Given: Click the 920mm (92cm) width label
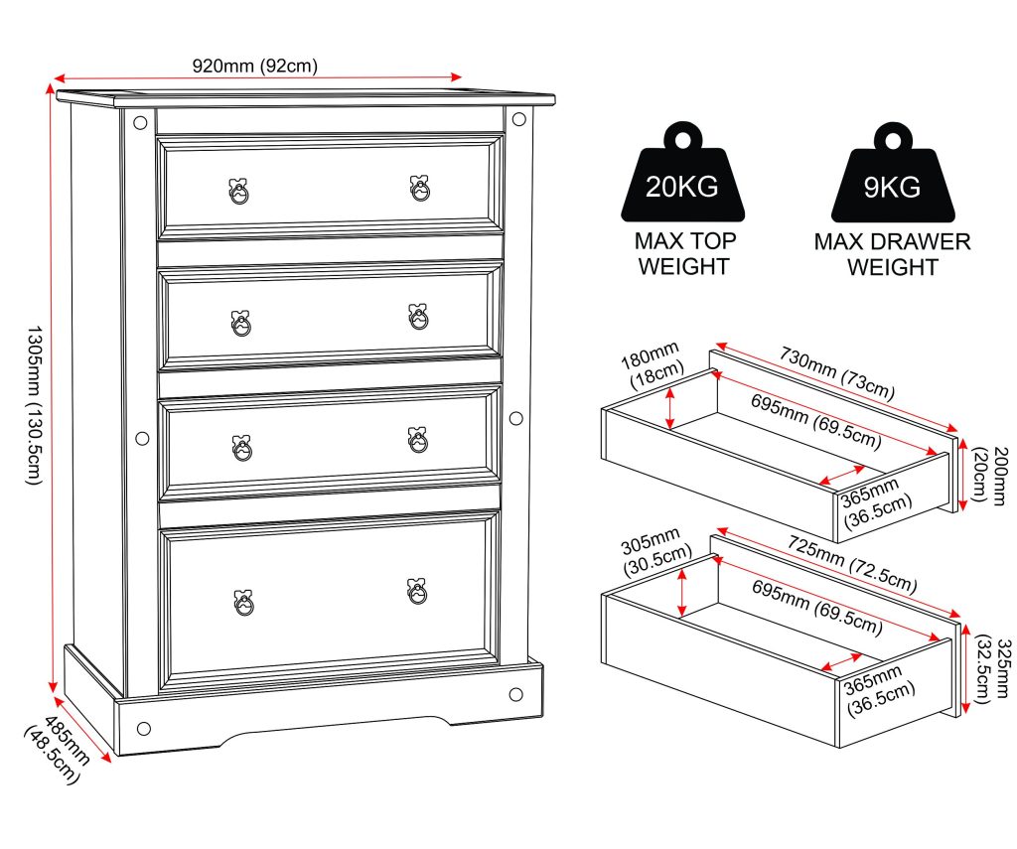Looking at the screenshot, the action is [255, 67].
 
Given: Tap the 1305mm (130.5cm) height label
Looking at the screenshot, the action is [34, 405].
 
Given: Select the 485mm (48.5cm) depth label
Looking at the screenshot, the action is [58, 748].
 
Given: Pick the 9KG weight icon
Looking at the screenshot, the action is [893, 173].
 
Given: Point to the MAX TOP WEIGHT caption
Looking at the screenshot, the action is [684, 253].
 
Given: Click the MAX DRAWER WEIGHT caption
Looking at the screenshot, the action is [893, 254].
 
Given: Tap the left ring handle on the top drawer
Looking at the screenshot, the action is [238, 191].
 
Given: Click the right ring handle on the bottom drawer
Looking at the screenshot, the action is [417, 591].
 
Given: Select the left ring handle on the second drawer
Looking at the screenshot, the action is [240, 323].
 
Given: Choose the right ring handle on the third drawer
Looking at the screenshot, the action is [418, 440].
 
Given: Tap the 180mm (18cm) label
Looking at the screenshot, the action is [652, 364].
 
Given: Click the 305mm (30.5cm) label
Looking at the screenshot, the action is [656, 551].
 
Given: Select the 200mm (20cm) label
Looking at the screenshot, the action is [990, 476].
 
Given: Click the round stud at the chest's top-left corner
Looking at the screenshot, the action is [140, 122].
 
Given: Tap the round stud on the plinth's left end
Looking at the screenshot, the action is [144, 729].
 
